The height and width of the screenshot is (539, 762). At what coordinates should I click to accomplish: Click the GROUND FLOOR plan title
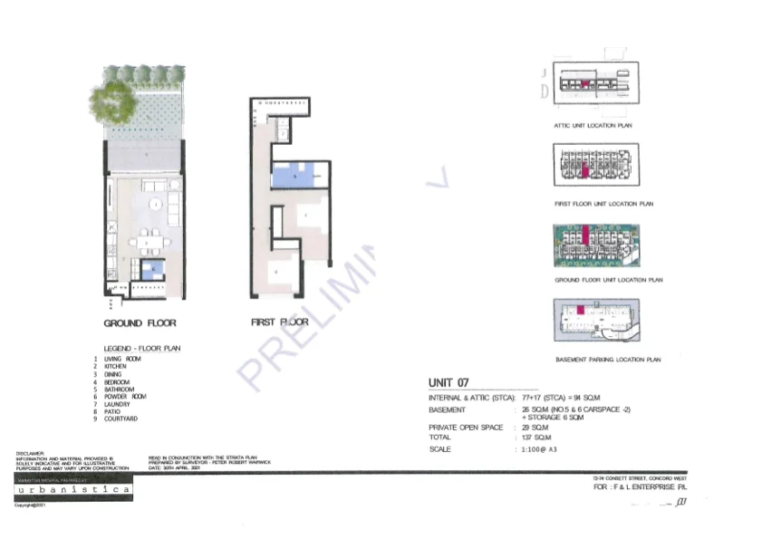coord(140,322)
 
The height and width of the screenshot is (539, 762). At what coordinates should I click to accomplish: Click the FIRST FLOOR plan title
coord(279,322)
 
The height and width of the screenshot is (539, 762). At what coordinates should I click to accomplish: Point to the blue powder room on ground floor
coord(154,267)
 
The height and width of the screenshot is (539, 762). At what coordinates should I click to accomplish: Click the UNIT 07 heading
coord(449,383)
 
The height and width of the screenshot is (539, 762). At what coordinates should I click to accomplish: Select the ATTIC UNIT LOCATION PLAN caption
coord(593,126)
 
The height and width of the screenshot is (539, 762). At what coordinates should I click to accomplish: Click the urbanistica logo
coord(75,489)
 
